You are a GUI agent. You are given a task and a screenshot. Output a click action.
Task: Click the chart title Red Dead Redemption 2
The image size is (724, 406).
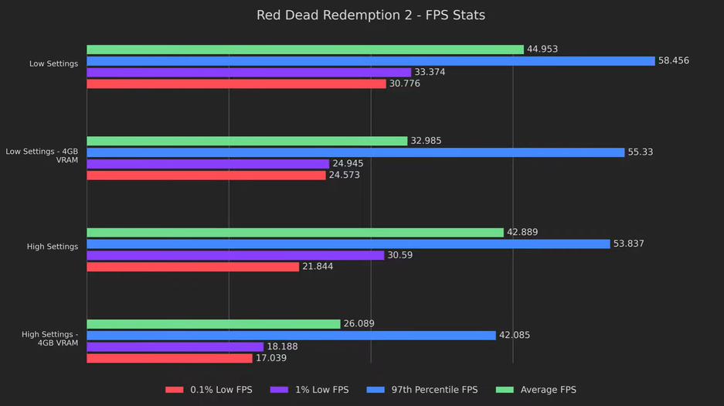(371, 15)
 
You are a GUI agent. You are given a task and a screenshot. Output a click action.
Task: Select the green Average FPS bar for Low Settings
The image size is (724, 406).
(305, 49)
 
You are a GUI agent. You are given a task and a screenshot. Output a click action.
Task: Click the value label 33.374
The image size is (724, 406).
(430, 73)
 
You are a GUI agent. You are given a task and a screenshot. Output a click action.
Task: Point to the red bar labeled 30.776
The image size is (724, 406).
(236, 84)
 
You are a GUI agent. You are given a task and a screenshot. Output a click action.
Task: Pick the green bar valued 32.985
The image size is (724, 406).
(246, 141)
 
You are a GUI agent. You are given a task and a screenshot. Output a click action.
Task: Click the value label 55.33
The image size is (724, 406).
(640, 152)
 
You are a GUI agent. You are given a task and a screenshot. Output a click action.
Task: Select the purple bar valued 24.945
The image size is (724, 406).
(208, 164)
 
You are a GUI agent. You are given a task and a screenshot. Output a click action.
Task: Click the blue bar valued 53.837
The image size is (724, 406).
(348, 244)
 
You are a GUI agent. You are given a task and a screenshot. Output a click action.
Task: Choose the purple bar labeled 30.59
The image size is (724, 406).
(235, 255)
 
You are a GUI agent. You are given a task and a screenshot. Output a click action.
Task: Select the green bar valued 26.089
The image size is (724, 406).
(213, 324)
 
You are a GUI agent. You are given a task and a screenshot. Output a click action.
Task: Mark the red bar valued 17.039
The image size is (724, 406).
(169, 358)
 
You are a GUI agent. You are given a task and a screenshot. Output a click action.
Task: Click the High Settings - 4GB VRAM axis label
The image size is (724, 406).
(50, 339)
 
